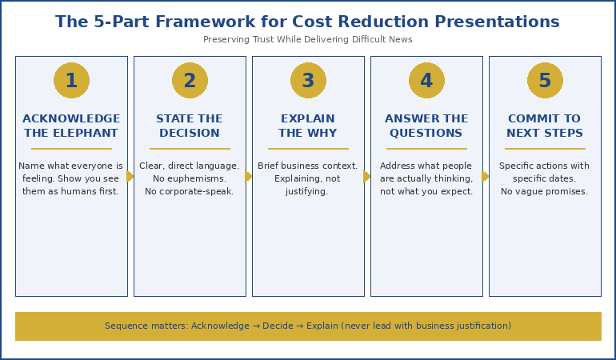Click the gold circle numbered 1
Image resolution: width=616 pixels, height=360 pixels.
coord(71,81)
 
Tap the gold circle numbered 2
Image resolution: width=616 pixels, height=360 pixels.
coord(190,81)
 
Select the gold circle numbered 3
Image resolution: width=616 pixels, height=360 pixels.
coord(308,81)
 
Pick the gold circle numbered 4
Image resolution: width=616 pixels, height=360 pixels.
coord(426,81)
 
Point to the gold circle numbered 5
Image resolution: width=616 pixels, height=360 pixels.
coord(545,81)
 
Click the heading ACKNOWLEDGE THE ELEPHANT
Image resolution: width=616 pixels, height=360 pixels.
coord(71,126)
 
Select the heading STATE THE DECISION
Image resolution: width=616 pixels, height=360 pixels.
coord(190,126)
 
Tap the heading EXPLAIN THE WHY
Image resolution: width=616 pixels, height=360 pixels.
coord(308,126)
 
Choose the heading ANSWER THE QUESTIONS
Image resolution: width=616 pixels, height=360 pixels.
coord(426,126)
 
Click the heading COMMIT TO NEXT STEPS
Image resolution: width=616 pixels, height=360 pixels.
coord(545,126)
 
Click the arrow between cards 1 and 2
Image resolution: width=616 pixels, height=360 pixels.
coord(130,176)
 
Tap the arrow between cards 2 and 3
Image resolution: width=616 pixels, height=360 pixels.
coord(249,176)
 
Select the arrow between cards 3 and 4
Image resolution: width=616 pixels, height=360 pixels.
coord(367,176)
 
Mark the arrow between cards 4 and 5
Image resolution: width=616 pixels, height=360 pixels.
coord(486,176)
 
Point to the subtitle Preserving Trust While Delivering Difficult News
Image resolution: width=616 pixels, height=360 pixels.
coord(308,40)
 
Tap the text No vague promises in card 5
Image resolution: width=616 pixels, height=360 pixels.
coord(545,192)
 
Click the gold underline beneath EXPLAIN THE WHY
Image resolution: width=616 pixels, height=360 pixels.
coord(308,149)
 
